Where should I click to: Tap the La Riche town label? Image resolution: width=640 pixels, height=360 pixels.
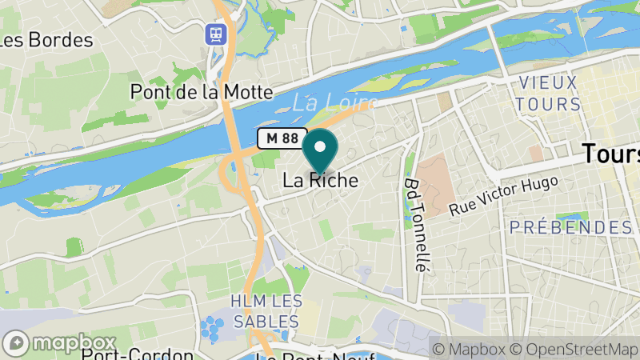[x=320, y=181]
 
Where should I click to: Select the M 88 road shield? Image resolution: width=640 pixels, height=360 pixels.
[x=282, y=138]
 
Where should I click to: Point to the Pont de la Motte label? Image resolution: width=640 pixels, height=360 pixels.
[x=202, y=92]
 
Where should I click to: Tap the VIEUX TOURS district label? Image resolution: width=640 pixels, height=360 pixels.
[x=549, y=93]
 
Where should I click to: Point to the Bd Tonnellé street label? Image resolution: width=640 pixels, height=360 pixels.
[x=414, y=225]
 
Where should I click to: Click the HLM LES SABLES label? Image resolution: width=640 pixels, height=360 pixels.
[x=266, y=311]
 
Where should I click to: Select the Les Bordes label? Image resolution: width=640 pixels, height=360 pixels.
[x=46, y=39]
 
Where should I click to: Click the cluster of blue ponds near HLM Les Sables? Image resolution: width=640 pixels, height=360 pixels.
[x=212, y=328]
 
